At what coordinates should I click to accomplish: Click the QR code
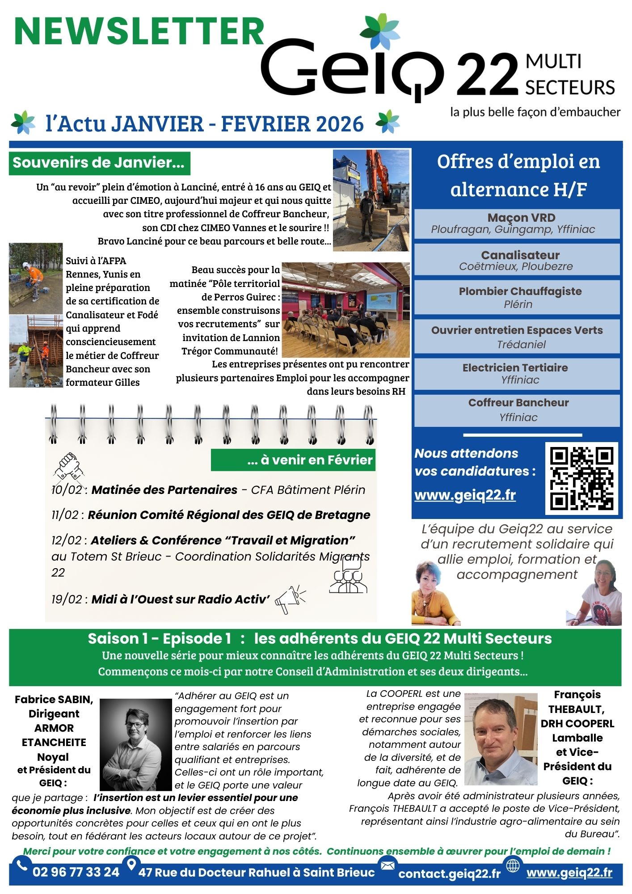tap(581, 478)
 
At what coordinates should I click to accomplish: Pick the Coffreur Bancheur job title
tap(518, 403)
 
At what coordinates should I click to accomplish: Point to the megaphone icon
tap(290, 599)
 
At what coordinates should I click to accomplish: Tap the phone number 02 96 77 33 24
tap(76, 872)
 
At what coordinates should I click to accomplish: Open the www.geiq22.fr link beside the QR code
tap(465, 495)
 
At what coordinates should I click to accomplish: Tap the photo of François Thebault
tap(501, 739)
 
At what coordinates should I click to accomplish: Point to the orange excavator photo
tap(371, 200)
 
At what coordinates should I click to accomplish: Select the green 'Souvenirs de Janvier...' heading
tap(99, 163)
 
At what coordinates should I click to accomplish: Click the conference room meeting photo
tap(345, 309)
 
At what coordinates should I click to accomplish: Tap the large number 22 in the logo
tap(487, 75)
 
